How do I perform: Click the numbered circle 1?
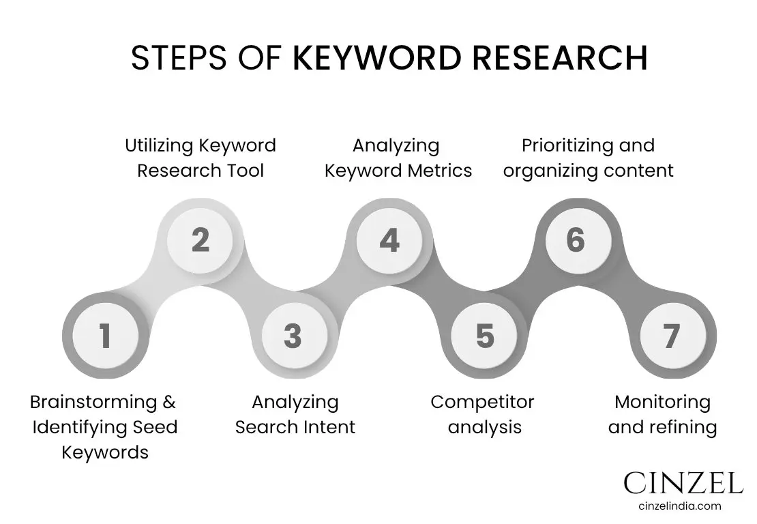click(104, 336)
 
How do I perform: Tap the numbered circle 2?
click(200, 240)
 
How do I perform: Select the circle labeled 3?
click(293, 336)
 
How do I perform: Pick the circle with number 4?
click(389, 240)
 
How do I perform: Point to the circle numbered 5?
click(485, 336)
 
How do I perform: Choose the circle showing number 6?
click(576, 240)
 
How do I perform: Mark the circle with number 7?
click(672, 336)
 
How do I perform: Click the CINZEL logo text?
click(683, 483)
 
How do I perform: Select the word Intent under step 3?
click(329, 427)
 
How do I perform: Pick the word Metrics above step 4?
click(440, 170)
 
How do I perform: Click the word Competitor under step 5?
click(482, 402)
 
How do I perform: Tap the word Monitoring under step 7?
click(662, 402)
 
